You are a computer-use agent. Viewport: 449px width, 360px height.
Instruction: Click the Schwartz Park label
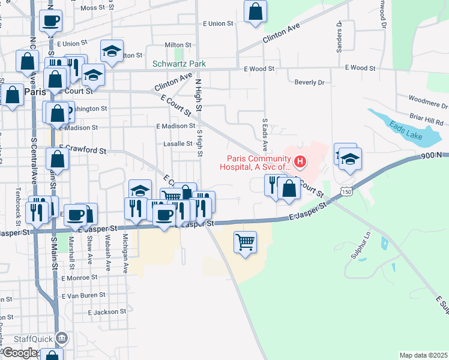click(179, 64)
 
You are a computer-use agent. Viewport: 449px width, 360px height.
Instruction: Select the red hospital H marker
click(299, 162)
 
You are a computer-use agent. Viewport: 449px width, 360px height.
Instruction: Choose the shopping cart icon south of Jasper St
click(245, 242)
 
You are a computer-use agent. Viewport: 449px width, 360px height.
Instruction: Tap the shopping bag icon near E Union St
click(255, 11)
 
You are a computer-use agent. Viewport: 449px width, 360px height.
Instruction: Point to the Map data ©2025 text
click(423, 355)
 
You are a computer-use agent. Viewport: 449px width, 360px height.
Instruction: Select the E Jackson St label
click(107, 312)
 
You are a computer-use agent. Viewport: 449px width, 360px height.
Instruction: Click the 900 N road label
click(431, 155)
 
